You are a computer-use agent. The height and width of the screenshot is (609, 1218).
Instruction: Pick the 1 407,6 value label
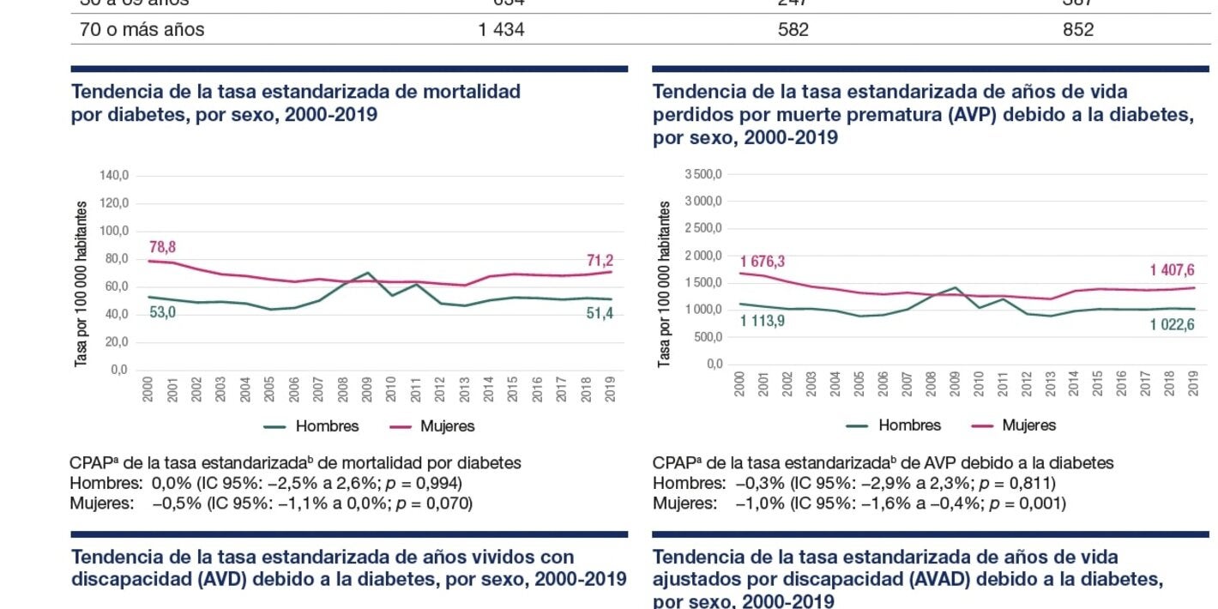1173,271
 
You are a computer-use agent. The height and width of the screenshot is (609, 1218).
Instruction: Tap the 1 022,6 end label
1173,324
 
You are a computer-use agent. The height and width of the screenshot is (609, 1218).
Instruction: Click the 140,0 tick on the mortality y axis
113,176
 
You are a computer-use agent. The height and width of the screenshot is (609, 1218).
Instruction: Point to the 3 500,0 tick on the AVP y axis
703,175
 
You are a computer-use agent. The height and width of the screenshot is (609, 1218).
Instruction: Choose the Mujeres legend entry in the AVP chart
1028,425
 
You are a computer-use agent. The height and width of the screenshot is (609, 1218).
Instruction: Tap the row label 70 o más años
142,30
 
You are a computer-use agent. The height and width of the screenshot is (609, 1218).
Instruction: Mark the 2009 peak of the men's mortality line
368,273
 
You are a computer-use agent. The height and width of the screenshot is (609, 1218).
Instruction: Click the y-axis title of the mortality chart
81,284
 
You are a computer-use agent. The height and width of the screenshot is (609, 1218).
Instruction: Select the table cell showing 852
1077,30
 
